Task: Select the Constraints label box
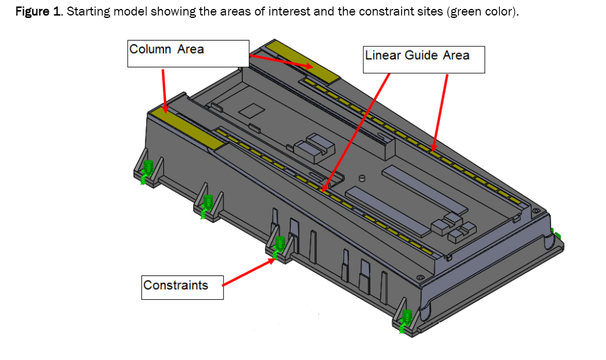[x=183, y=287]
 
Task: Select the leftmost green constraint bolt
[x=147, y=170]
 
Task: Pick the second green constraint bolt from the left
[x=208, y=204]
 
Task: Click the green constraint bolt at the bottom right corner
[x=407, y=319]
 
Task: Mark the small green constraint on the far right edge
[x=557, y=234]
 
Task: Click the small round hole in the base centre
[x=362, y=178]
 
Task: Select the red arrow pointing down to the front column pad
[x=164, y=89]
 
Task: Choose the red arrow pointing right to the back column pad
[x=280, y=61]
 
